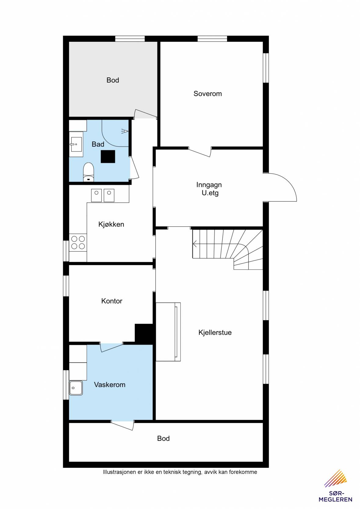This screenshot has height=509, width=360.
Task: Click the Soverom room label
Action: (x=207, y=94)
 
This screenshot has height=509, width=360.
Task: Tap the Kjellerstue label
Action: (x=215, y=332)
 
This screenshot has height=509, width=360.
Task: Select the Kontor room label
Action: (x=112, y=301)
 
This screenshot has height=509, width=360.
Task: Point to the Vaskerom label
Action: (x=110, y=385)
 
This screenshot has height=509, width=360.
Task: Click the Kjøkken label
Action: (x=111, y=224)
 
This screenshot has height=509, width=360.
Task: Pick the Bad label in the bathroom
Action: (x=98, y=144)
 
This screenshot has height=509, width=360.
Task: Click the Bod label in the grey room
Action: (x=113, y=80)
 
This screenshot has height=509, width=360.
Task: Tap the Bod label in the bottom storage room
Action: (x=164, y=438)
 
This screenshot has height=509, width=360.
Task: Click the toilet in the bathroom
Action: (x=88, y=172)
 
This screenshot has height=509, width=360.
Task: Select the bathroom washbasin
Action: (x=76, y=144)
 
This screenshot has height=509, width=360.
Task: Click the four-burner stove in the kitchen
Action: (x=78, y=242)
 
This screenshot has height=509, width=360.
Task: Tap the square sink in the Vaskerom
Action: (x=76, y=388)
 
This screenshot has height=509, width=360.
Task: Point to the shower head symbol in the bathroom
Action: (x=125, y=131)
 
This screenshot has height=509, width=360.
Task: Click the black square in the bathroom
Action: (x=108, y=156)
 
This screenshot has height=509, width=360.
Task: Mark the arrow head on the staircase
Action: (x=195, y=244)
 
